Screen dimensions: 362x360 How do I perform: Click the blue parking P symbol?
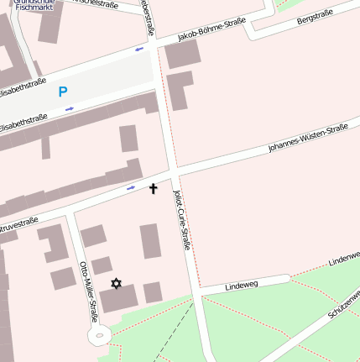[x=63, y=92]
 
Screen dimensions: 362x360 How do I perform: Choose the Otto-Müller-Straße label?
[x=88, y=291]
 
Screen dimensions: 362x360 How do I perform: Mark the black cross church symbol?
[x=154, y=188]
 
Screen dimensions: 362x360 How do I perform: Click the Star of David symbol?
[x=116, y=283]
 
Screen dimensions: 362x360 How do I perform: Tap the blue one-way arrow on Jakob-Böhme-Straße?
[x=139, y=49]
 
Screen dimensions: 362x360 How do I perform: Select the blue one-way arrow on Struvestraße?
[x=131, y=188]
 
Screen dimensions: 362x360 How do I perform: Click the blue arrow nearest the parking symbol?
[x=70, y=108]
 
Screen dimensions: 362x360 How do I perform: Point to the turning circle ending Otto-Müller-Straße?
[x=99, y=337]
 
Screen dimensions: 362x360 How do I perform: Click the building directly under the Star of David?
[x=118, y=300]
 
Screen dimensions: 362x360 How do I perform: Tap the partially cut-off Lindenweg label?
[x=344, y=260]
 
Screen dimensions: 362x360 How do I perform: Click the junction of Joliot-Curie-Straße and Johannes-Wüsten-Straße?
[x=175, y=172]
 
